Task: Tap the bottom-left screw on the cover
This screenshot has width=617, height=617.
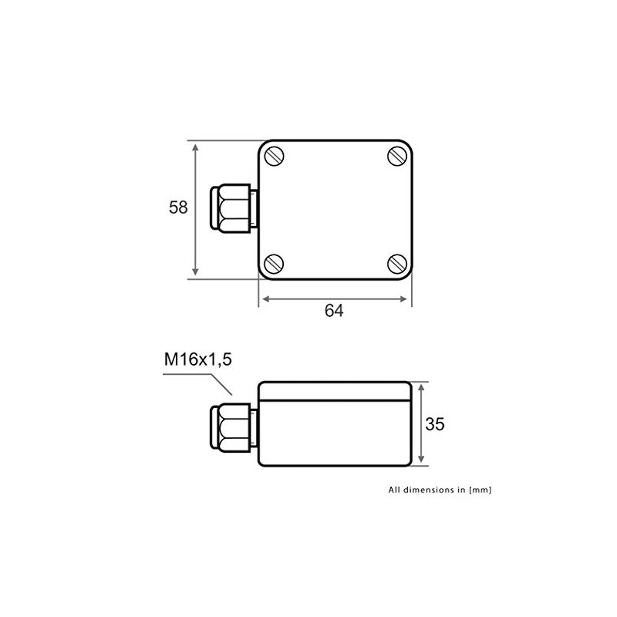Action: pos(275,263)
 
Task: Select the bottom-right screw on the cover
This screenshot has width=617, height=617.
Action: pos(397,263)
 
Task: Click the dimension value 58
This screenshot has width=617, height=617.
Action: pos(178,207)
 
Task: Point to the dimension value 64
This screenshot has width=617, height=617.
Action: pos(333,311)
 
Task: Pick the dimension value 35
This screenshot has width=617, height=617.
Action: pos(435,424)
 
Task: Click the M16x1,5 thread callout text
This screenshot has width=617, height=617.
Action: pos(197,359)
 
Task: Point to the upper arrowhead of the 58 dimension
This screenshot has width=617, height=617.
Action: pos(196,147)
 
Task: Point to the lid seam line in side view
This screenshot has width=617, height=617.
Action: pos(333,400)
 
